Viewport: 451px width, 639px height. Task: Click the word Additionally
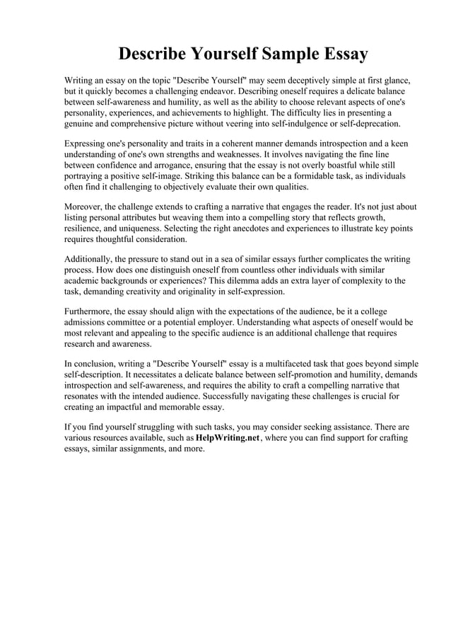coord(90,260)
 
